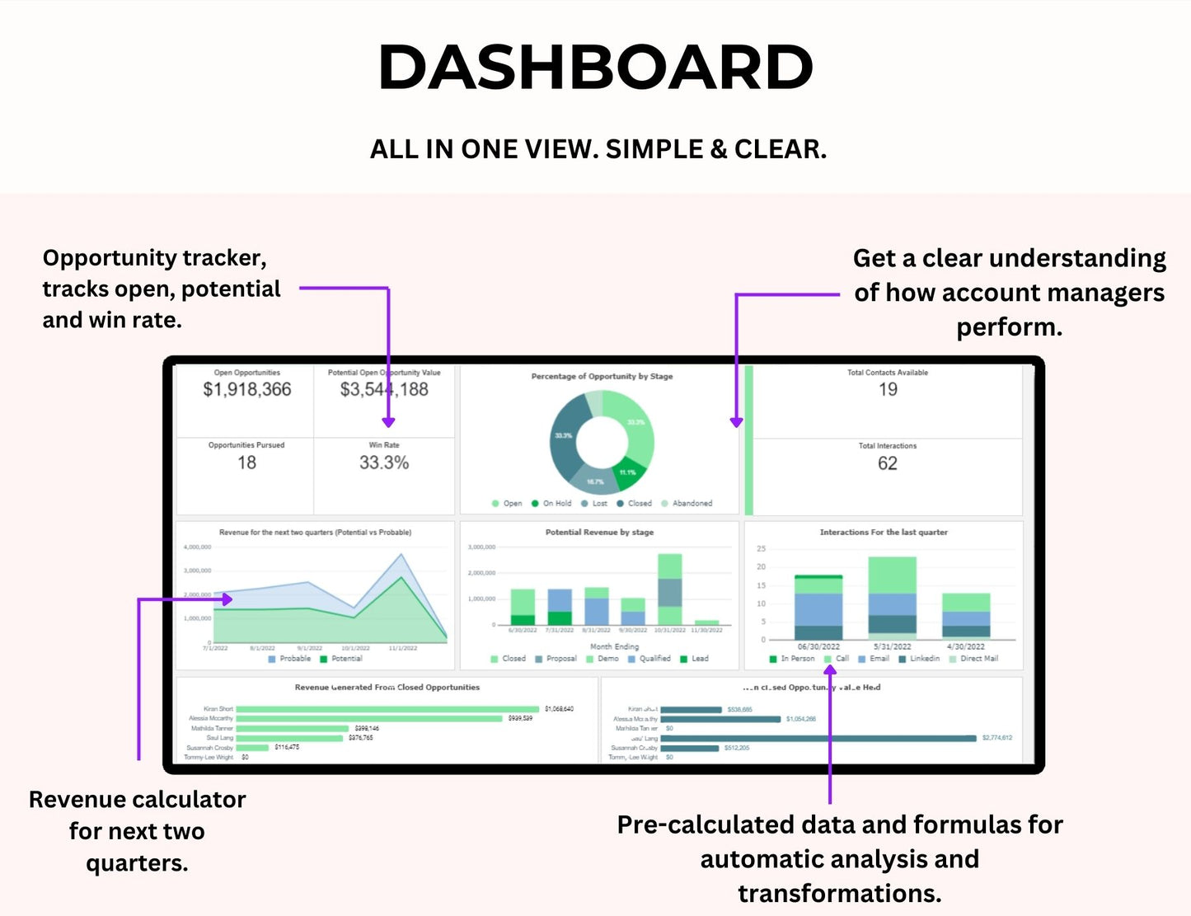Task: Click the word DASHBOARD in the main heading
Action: click(595, 68)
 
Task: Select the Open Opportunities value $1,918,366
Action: click(247, 389)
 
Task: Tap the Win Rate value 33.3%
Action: click(384, 463)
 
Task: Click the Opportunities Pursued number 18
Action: click(246, 463)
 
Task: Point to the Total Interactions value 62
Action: click(887, 463)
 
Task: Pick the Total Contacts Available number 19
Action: click(888, 389)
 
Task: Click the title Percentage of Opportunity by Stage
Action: click(602, 376)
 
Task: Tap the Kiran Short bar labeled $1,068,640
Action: click(387, 709)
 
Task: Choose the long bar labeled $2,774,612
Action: click(818, 738)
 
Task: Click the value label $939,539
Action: click(520, 719)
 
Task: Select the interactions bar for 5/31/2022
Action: click(892, 597)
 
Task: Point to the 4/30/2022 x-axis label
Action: click(965, 646)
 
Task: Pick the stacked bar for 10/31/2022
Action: click(669, 589)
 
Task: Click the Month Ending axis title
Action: click(614, 646)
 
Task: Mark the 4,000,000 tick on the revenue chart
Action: click(197, 547)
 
